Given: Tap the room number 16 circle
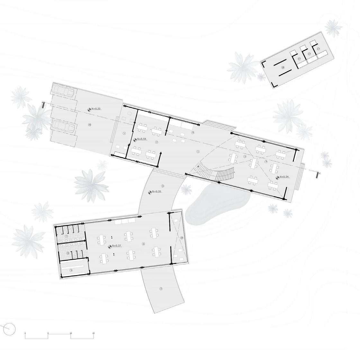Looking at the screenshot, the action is coord(90,124).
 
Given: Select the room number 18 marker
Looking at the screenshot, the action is coord(283,68).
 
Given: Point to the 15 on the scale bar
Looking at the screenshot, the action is coord(94,333).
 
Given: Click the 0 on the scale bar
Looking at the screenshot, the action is coord(25,333).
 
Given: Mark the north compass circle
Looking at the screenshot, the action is coord(10,329).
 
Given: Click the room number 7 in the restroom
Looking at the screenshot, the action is coord(66,236).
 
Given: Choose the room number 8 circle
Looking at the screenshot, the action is coord(68,253).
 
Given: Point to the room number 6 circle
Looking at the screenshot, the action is coord(143,244).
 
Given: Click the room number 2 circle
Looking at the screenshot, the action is coord(157,142).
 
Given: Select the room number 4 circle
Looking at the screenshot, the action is coord(266,161).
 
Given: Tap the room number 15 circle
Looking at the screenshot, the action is coord(182,238).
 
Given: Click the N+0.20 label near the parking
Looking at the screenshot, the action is coord(96,109).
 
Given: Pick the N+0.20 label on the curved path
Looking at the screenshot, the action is coord(157,192).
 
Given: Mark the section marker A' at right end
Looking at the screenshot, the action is coord(318,175).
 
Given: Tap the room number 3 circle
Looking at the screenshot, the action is coord(245,157).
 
